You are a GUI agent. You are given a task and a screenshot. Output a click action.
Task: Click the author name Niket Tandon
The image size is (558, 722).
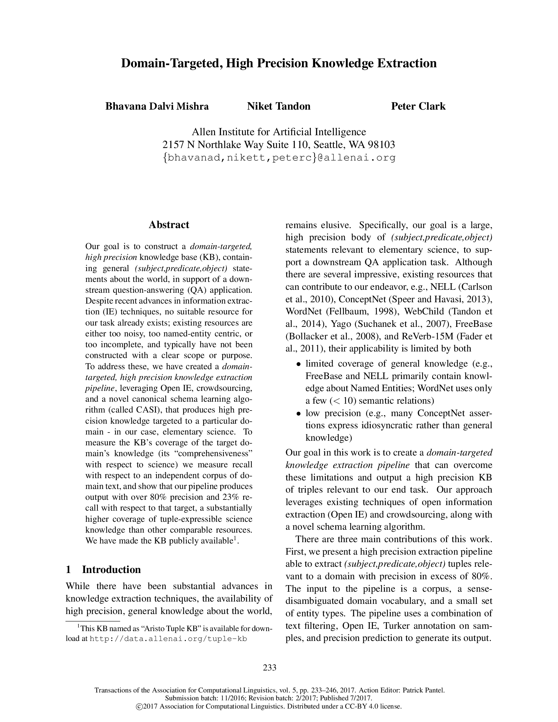[279, 106]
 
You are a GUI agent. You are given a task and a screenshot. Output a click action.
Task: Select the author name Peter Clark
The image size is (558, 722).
[418, 106]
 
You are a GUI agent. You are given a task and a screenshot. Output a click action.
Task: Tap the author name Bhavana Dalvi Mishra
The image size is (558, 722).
[157, 106]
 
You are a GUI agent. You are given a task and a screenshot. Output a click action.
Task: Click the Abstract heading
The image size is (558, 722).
[169, 225]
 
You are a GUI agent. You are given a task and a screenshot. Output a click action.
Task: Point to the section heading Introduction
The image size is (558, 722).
[111, 570]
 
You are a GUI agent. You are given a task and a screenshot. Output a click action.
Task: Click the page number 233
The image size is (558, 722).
[270, 668]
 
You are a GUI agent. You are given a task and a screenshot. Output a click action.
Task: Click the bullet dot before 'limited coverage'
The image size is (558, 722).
[298, 364]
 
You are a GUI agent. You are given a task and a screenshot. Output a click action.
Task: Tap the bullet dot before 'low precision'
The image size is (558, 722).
[298, 414]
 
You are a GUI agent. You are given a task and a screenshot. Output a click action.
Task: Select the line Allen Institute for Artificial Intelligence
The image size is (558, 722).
[279, 132]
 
